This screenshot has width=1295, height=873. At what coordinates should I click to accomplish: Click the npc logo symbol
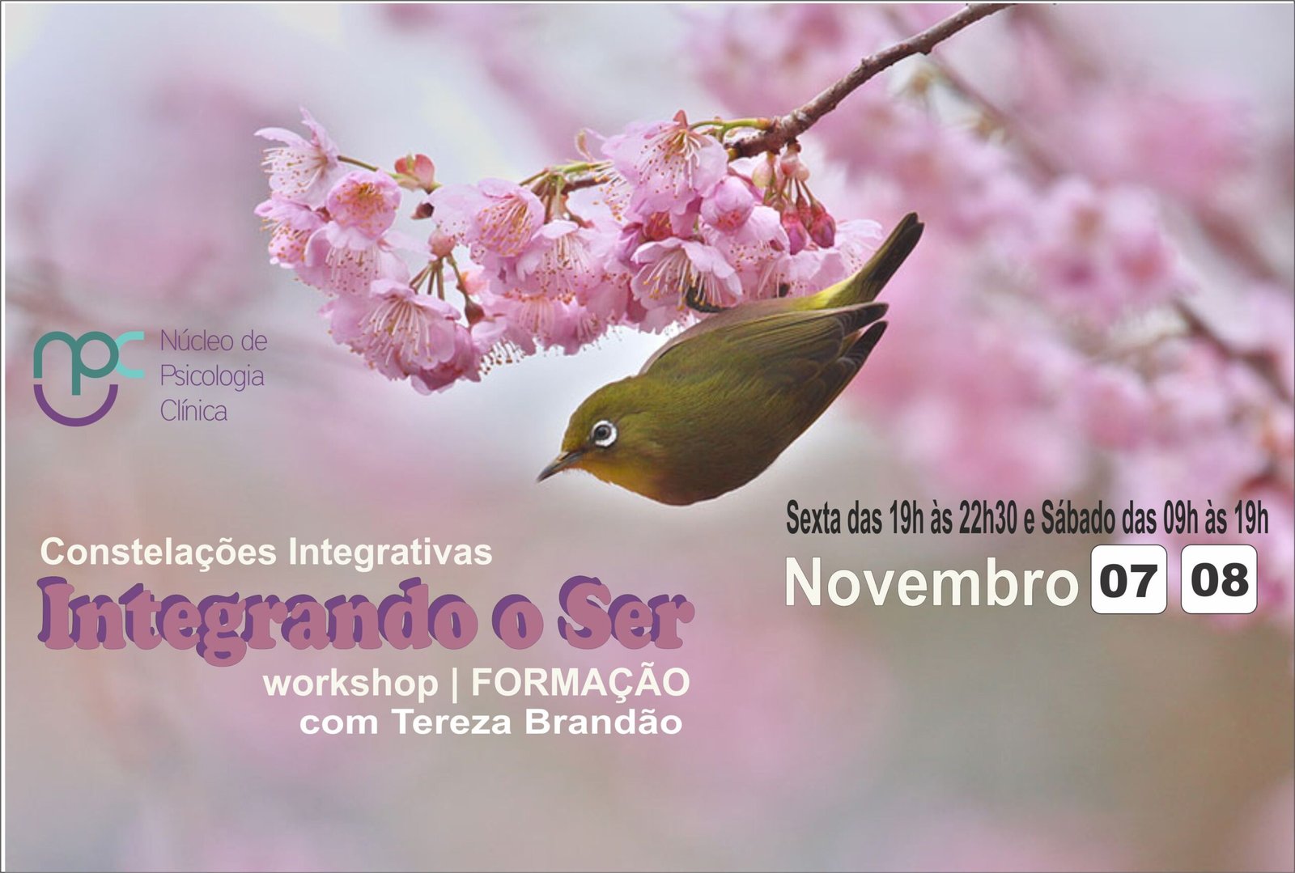pyautogui.click(x=87, y=378)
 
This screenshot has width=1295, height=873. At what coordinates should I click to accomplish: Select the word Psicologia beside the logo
pyautogui.click(x=212, y=377)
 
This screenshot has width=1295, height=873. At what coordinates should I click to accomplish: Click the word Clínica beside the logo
pyautogui.click(x=193, y=411)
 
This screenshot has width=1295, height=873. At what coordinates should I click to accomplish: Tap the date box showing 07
pyautogui.click(x=1128, y=579)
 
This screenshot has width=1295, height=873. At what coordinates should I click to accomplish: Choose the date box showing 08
pyautogui.click(x=1219, y=579)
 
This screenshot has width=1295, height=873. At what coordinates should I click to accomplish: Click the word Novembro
pyautogui.click(x=932, y=582)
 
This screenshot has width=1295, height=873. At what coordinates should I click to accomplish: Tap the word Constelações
pyautogui.click(x=159, y=553)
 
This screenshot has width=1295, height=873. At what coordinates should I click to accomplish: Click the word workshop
pyautogui.click(x=350, y=684)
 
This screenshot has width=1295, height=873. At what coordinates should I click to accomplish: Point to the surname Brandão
pyautogui.click(x=603, y=723)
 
